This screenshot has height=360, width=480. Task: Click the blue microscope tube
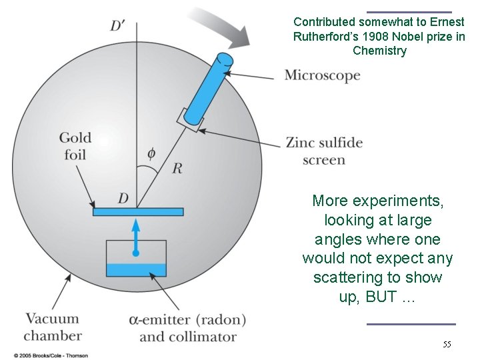coord(207,90)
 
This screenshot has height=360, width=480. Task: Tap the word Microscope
coord(322,75)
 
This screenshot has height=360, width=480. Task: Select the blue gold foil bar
coord(137,212)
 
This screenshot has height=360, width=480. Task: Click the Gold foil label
coord(75,146)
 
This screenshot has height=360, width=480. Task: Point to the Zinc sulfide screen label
coord(324,151)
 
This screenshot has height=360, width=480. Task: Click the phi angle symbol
coord(151,154)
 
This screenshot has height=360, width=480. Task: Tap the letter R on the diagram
coord(177,168)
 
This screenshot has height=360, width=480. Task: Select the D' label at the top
coord(119,26)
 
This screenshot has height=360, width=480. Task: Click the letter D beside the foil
coord(123,198)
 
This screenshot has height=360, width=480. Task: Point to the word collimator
coord(187,337)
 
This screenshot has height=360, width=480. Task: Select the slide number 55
coord(447,345)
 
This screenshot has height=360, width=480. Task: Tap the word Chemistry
coord(379,51)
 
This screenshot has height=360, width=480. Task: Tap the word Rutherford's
coord(326,37)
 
